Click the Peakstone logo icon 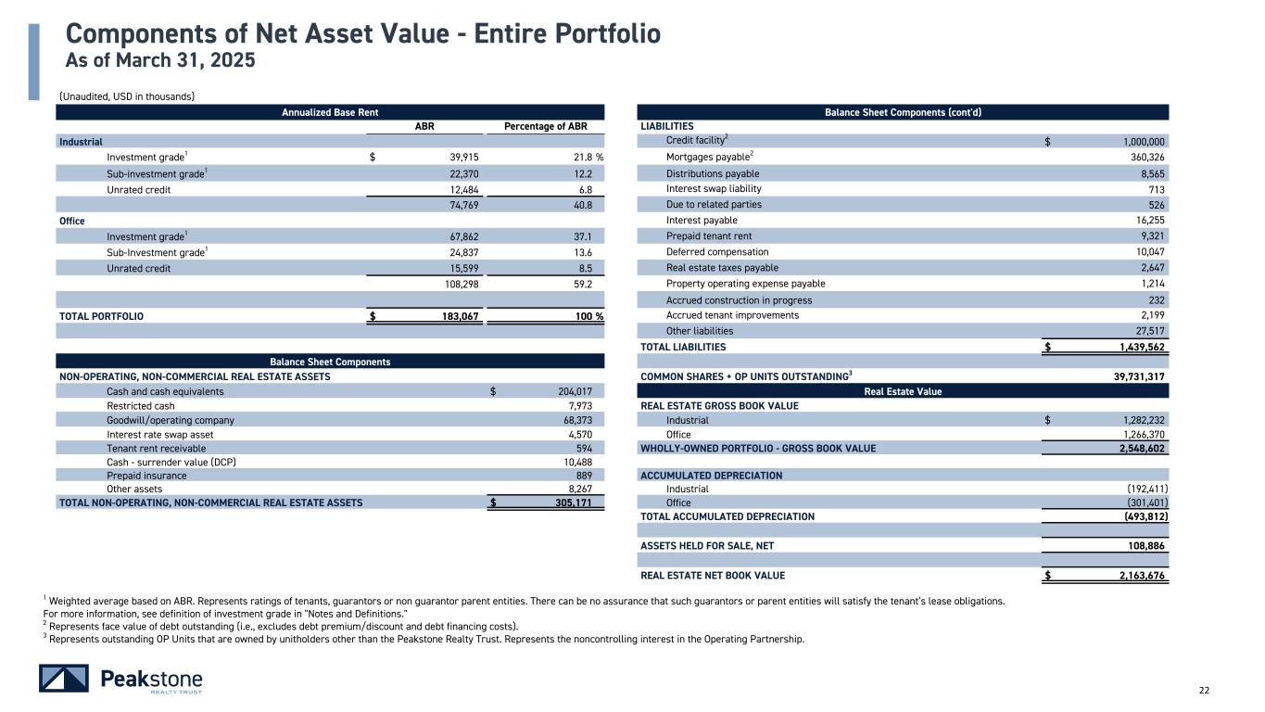[x=64, y=679]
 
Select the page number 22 [x=1204, y=690]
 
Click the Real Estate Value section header [x=903, y=391]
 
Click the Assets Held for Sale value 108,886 [x=1143, y=546]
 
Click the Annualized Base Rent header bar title [x=330, y=112]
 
